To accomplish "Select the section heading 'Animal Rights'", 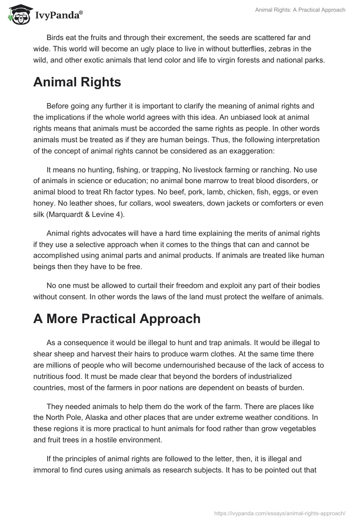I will pyautogui.click(x=77, y=82).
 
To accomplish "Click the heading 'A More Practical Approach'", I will pyautogui.click(x=117, y=319).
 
